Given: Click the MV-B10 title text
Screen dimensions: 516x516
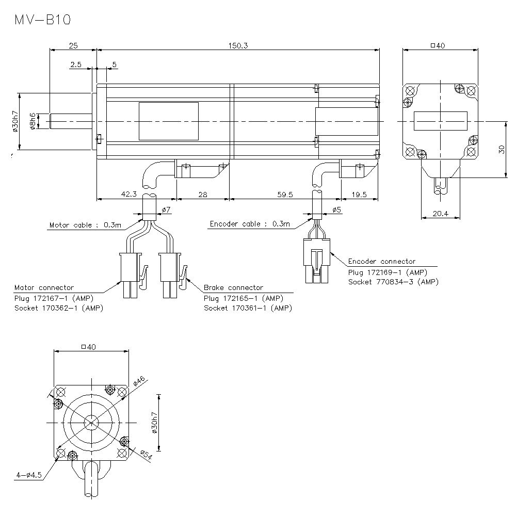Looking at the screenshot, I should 42,20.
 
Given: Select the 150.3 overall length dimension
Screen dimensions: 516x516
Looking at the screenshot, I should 238,45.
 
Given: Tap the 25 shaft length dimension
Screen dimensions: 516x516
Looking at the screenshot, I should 73,45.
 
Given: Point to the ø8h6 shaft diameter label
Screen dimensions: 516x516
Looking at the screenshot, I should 32,121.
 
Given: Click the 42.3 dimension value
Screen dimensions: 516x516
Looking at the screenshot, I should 129,194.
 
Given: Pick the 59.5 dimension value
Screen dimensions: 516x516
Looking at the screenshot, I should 284,194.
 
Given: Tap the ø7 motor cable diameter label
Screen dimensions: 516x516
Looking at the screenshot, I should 166,209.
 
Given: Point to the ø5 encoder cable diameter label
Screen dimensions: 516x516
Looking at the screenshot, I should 336,209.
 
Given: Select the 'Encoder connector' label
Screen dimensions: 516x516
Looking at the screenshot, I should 381,262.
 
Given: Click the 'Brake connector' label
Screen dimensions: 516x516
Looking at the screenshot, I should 233,287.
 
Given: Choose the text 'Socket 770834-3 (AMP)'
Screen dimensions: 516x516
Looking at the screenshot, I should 393,282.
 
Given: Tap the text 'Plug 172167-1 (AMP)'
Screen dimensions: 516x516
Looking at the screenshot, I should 54,298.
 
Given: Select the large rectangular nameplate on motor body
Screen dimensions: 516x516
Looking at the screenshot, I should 168,121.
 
